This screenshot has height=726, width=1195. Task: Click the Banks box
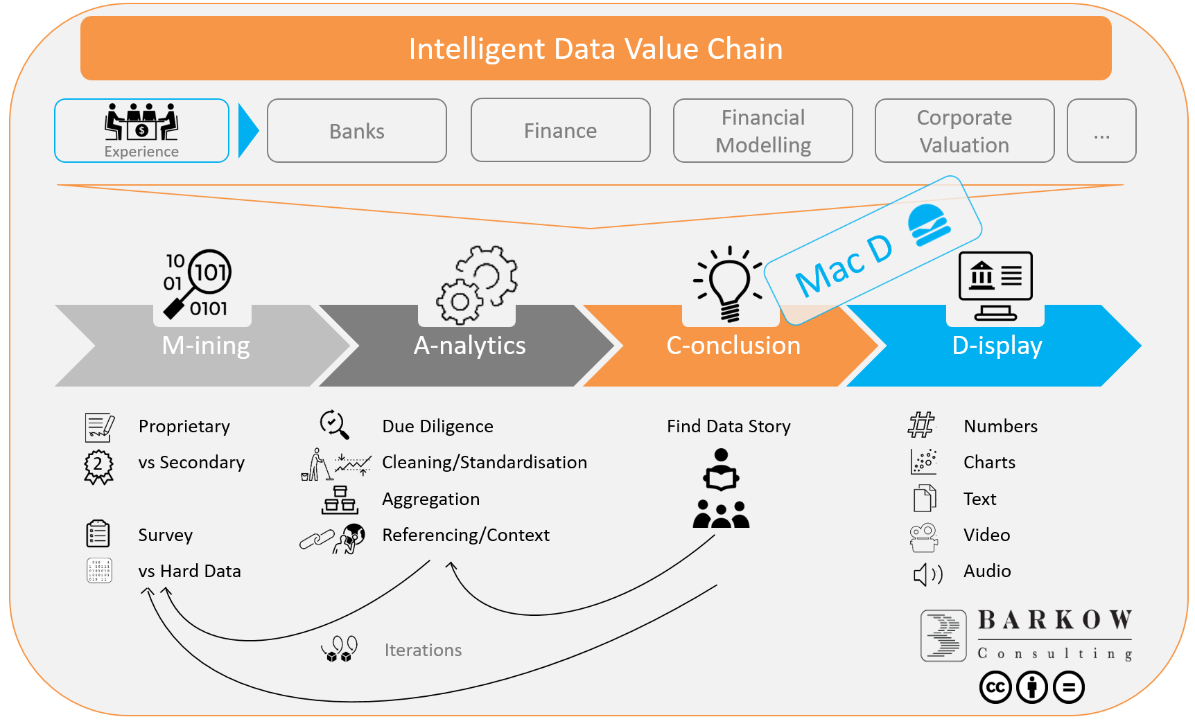357,131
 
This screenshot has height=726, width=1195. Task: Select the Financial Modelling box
763,131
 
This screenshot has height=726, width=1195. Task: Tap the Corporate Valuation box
965,131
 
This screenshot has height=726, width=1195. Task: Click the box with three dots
1101,131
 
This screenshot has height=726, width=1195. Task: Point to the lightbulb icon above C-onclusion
729,283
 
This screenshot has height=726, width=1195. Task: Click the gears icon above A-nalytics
477,285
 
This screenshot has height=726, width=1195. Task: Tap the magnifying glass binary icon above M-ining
198,284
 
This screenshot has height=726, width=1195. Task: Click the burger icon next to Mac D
929,225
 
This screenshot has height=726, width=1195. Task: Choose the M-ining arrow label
206,345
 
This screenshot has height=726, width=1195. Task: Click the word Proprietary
184,427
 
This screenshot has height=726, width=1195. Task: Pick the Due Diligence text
438,426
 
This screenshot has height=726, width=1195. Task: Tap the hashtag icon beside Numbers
922,425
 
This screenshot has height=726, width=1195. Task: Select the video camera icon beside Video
924,538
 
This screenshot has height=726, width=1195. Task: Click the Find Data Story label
729,426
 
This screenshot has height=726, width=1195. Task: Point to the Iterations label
424,650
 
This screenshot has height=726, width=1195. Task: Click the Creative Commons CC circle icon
995,687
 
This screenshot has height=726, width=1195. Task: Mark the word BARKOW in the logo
1055,620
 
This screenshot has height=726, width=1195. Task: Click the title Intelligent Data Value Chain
596,49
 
